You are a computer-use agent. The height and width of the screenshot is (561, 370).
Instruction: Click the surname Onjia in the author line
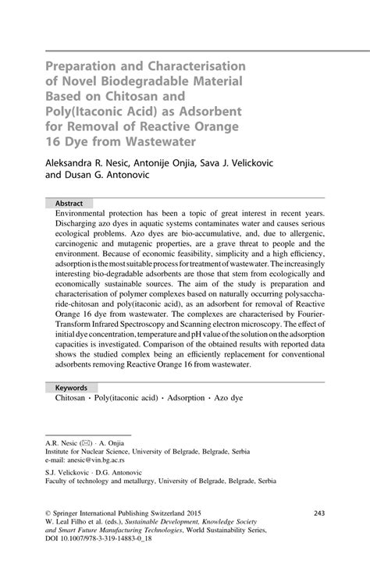point(192,166)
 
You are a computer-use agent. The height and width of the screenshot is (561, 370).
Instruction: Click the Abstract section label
point(69,201)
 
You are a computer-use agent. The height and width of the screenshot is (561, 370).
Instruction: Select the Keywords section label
point(73,387)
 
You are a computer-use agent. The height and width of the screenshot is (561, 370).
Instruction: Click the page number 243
point(318,513)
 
